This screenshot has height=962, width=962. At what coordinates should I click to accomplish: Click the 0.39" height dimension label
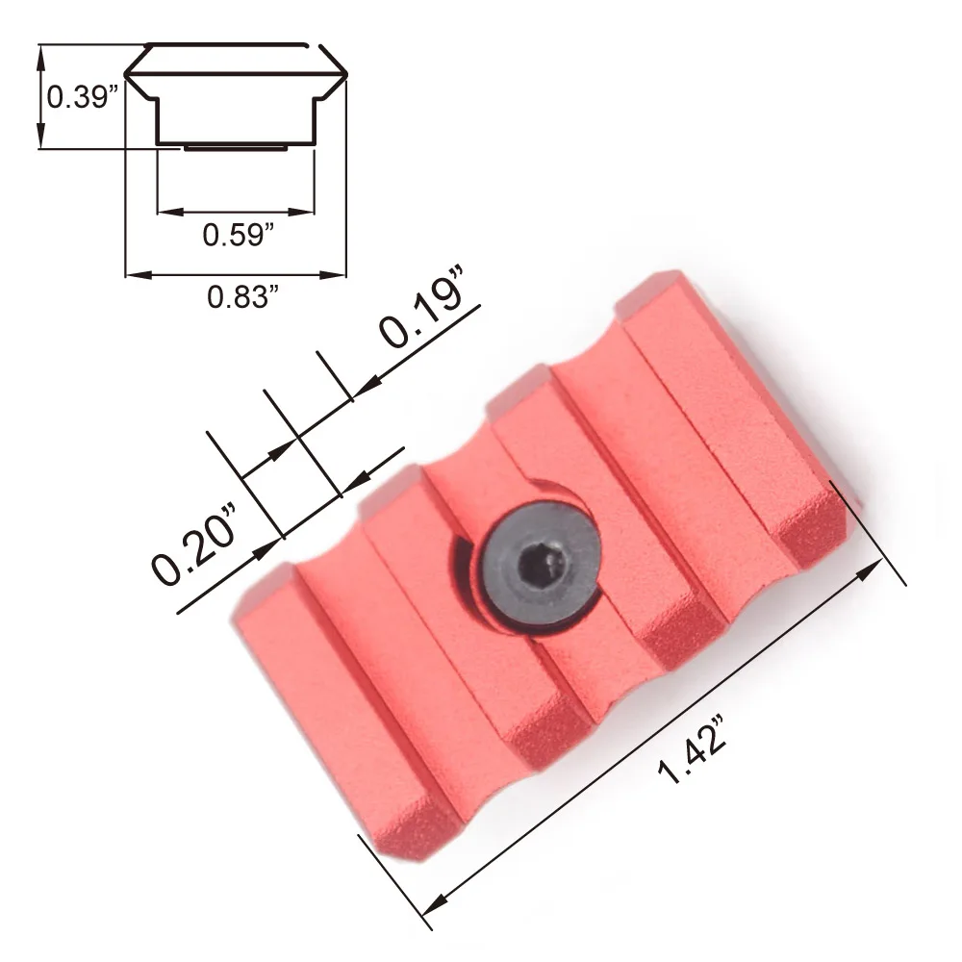click(x=82, y=97)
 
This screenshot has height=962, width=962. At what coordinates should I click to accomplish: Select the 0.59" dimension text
click(x=238, y=235)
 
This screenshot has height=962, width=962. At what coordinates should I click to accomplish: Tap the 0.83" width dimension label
click(x=243, y=297)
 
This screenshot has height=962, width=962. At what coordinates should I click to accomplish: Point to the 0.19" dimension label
click(x=421, y=307)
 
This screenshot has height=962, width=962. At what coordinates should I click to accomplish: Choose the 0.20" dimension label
click(x=194, y=544)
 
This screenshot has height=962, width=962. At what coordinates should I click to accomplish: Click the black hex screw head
click(x=539, y=564)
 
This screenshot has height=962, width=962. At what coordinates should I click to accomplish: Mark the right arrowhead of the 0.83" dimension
click(x=333, y=275)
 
